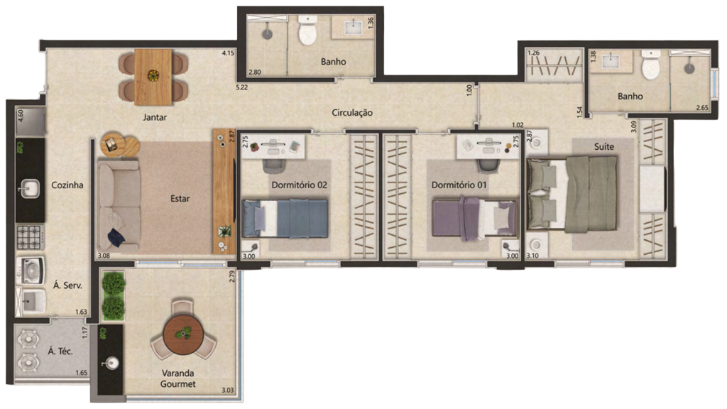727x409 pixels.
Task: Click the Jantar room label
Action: click(x=154, y=117)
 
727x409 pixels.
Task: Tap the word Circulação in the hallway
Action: click(x=352, y=113)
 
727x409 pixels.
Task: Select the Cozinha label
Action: click(x=67, y=185)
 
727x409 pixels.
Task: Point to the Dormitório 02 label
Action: click(x=299, y=185)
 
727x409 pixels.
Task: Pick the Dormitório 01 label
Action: click(x=459, y=185)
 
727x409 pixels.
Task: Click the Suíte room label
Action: click(x=604, y=146)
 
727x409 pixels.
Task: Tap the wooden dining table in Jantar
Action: click(x=153, y=76)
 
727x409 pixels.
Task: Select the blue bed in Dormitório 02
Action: click(x=285, y=218)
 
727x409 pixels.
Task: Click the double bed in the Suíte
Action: click(x=573, y=194)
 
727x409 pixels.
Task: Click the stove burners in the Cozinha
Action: click(x=29, y=236)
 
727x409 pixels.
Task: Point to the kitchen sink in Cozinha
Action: click(x=29, y=188)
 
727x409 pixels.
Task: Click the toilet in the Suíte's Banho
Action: click(x=651, y=69)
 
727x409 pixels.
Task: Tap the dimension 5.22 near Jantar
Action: click(x=243, y=88)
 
